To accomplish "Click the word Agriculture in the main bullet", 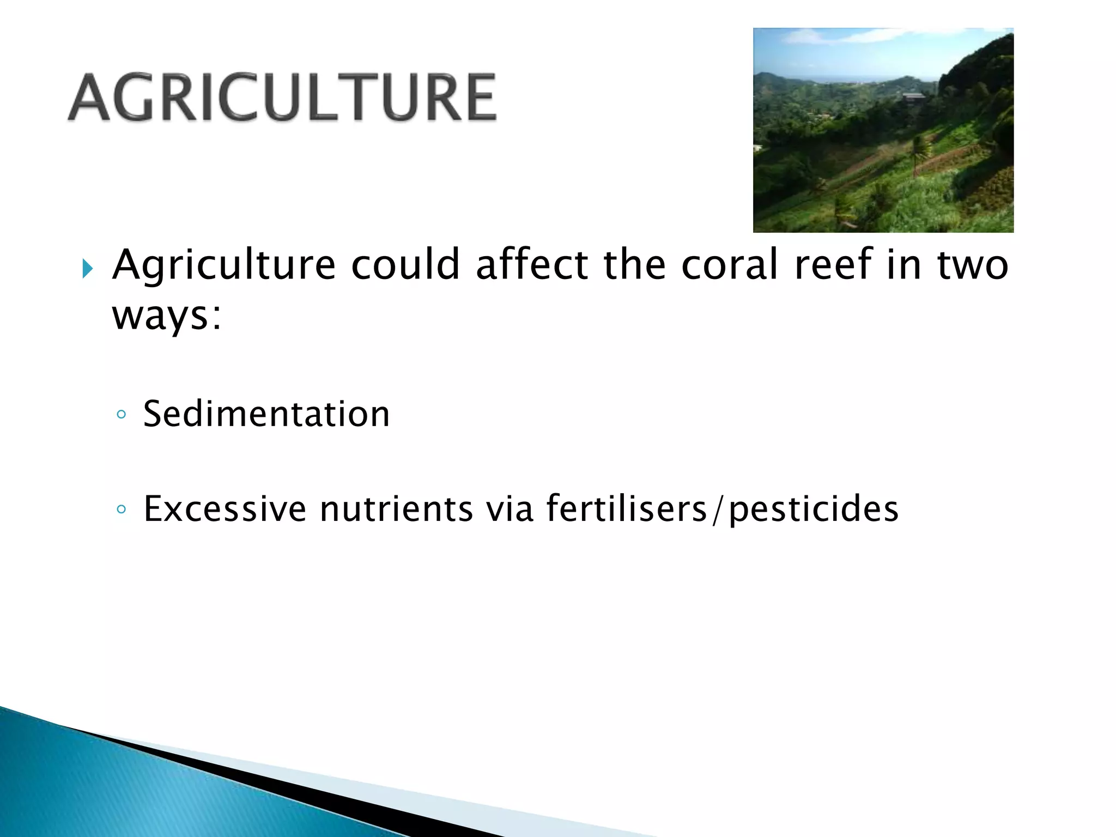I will pos(223,265).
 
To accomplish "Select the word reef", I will pos(833,265).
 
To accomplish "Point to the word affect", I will pos(531,265).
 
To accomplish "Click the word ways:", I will pos(167,316).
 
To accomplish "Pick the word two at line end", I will pos(972,265).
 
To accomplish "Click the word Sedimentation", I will pos(266,414).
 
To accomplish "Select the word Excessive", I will pos(225,509).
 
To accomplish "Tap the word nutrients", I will pos(396,509).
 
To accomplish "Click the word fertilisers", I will pos(627,509).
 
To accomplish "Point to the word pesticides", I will pos(814,509).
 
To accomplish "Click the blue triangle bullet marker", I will pos(87,269).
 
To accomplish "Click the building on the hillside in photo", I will pos(913,98).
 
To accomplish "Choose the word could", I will pos(405,265).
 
